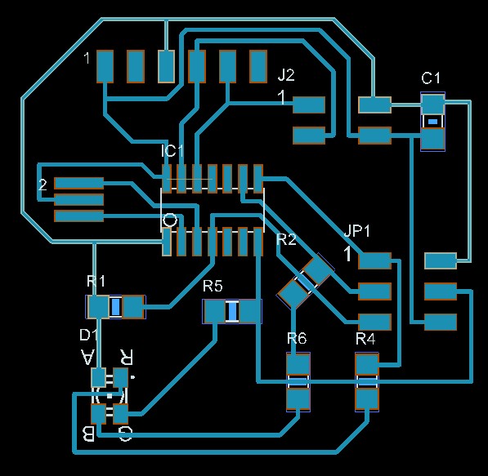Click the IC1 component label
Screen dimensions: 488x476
point(172,151)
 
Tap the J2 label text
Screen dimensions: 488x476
point(286,75)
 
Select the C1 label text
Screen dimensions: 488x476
point(431,78)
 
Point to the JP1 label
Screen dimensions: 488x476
point(357,231)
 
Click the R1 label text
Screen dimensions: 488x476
point(96,281)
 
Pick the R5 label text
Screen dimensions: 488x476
point(213,286)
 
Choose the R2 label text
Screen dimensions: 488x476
point(286,239)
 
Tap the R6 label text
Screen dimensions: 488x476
point(297,338)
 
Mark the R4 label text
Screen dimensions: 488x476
point(365,338)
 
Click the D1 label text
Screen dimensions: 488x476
point(89,335)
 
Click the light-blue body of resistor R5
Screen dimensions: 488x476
point(232,311)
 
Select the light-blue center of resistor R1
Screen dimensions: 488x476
point(116,307)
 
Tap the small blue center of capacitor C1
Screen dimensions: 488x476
point(432,122)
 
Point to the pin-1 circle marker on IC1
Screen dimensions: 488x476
point(170,220)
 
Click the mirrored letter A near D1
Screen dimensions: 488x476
point(87,357)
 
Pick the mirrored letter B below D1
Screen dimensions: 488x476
point(88,434)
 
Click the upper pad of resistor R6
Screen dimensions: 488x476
point(298,364)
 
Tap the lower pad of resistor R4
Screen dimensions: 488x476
point(367,399)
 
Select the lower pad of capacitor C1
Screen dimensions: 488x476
point(432,139)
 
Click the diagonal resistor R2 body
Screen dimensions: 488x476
point(305,282)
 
